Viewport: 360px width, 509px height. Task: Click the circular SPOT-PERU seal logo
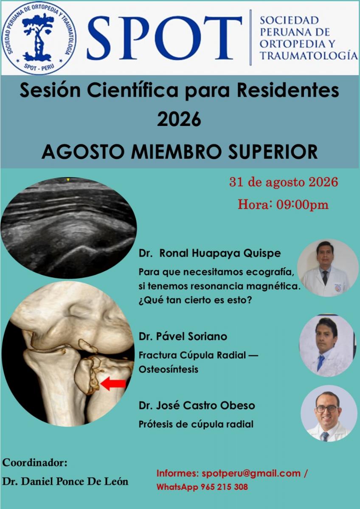click(39, 38)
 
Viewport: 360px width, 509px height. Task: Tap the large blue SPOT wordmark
click(164, 38)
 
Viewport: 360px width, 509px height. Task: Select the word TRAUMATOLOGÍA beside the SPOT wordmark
click(308, 56)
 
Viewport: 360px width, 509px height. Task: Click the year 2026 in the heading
click(179, 120)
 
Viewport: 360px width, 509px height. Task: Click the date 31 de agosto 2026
click(283, 182)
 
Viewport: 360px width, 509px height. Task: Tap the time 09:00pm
click(302, 205)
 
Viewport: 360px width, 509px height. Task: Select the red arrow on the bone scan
click(113, 383)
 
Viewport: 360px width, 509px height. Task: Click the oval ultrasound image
click(68, 228)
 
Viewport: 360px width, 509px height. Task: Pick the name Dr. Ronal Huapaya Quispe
click(210, 253)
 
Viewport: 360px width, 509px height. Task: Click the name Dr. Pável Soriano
click(183, 336)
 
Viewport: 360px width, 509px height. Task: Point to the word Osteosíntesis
click(168, 369)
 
